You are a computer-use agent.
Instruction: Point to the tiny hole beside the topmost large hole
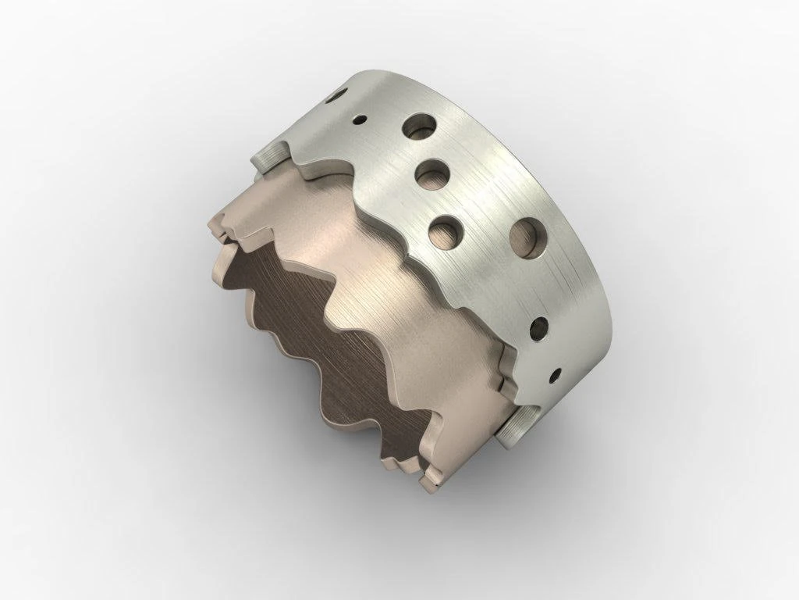(359, 120)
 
